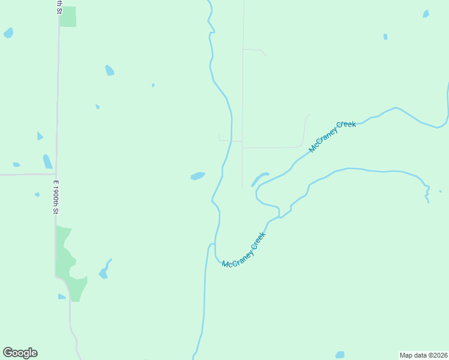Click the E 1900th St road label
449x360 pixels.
point(55,197)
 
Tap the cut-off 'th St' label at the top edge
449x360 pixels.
point(58,7)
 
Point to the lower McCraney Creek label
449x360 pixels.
point(243,250)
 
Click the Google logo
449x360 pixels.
point(20,353)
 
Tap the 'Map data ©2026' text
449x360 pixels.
point(423,355)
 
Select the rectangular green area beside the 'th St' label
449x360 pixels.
point(68,17)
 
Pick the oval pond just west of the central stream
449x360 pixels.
point(197,176)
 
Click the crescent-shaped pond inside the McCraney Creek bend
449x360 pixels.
point(259,179)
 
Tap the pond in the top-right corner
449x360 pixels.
point(426,14)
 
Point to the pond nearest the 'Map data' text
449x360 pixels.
point(340,355)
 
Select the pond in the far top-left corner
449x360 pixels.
point(8,33)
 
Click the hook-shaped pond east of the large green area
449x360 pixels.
point(104,270)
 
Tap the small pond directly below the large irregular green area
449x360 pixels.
point(61,296)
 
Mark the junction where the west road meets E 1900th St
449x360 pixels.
point(56,175)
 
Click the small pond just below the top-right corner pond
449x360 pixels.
point(385,37)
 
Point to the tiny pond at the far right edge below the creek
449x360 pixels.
point(440,191)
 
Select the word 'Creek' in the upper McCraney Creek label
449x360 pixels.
point(346,127)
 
